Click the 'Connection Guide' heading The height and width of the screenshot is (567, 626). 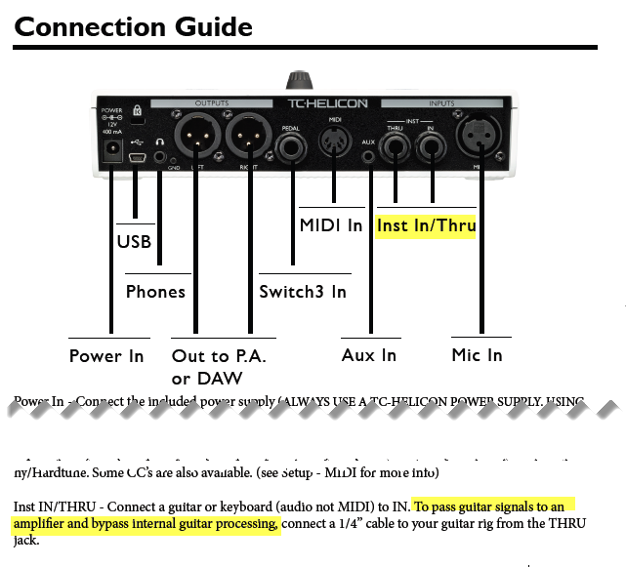pos(133,26)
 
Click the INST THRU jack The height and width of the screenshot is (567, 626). pos(396,148)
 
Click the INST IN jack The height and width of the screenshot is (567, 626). pos(429,148)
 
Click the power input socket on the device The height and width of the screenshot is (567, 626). pos(112,152)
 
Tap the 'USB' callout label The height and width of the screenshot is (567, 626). pos(133,241)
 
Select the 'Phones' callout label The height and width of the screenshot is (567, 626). pos(155,291)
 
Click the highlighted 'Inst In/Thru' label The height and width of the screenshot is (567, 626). pos(426,226)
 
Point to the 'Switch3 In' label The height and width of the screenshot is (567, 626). pos(303,291)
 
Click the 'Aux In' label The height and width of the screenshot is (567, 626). pos(369,355)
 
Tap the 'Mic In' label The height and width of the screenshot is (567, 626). pos(478,355)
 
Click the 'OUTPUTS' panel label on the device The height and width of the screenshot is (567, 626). pos(211,102)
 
